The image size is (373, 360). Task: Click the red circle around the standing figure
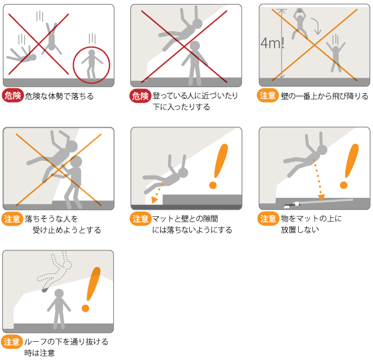pyautogui.click(x=73, y=65)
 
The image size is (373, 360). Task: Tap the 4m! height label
pyautogui.click(x=272, y=43)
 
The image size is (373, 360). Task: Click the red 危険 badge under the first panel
pyautogui.click(x=13, y=95)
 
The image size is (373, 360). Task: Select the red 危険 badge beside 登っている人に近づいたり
pyautogui.click(x=140, y=96)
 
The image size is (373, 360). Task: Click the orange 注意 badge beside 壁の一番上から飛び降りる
pyautogui.click(x=268, y=95)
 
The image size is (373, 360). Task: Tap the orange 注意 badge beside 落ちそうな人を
pyautogui.click(x=12, y=219)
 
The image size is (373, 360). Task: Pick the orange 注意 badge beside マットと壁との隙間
pyautogui.click(x=140, y=219)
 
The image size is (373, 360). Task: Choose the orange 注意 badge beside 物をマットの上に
pyautogui.click(x=268, y=219)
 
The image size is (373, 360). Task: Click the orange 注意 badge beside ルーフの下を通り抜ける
pyautogui.click(x=11, y=342)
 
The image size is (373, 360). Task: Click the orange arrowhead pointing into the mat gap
pyautogui.click(x=154, y=199)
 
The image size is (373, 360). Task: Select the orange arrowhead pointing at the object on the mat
pyautogui.click(x=321, y=197)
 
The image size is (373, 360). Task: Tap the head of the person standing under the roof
pyautogui.click(x=59, y=293)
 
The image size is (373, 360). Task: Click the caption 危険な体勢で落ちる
pyautogui.click(x=60, y=96)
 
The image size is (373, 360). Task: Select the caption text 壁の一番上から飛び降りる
pyautogui.click(x=325, y=96)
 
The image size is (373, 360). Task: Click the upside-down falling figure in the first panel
pyautogui.click(x=51, y=39)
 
